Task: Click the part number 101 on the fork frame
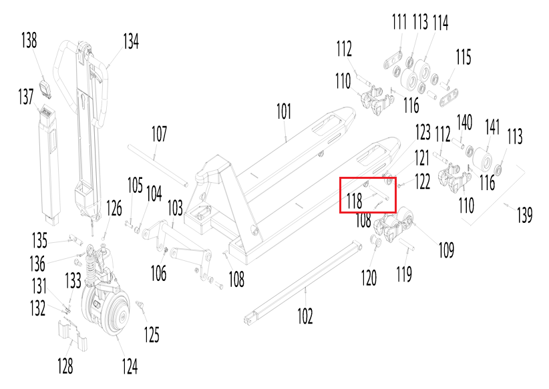coord(284,111)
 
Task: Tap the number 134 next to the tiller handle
coord(130,41)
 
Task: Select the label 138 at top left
coord(29,41)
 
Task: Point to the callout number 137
coord(25,97)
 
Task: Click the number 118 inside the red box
coord(354,200)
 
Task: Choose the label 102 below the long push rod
coord(305,316)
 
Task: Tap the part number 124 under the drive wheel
coord(129,366)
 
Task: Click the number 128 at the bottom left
coord(65,366)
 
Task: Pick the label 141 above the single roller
coord(492,127)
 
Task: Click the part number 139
coord(524,215)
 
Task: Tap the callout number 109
coord(445,250)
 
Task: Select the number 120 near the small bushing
coord(369,277)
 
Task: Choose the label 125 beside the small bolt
coord(152,334)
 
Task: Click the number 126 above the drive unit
coord(114,209)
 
